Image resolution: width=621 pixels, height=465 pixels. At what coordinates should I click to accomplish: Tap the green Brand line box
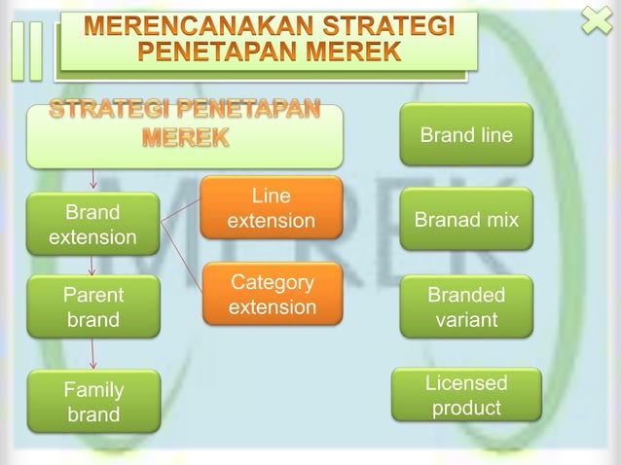coord(466,135)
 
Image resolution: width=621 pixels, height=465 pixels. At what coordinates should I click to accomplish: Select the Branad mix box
coord(466,220)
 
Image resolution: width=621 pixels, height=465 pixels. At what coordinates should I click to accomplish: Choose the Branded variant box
coord(466,306)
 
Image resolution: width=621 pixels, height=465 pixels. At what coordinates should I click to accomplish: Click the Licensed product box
coord(466,395)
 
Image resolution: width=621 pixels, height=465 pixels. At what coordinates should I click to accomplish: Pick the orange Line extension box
coord(271,208)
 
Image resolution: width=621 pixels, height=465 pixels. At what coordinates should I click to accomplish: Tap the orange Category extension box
coord(273,295)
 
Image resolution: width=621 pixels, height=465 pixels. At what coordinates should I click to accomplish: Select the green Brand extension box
coord(92,225)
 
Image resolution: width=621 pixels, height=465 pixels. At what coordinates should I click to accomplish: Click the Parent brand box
coord(92,306)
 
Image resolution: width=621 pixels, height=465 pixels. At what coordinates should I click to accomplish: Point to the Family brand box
coord(92,402)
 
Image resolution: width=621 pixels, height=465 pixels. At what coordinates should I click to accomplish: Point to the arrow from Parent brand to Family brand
coord(92,354)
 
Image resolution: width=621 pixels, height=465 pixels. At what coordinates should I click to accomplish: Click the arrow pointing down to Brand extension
coord(92,179)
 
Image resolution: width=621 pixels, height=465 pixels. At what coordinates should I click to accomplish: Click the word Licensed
coord(466,383)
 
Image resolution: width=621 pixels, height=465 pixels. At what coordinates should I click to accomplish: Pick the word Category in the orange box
coord(273,283)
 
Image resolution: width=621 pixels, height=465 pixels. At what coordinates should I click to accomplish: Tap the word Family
coord(92,390)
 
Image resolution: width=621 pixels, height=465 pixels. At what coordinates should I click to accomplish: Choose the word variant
coord(466,319)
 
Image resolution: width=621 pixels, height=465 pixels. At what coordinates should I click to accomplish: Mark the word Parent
coord(92,295)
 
